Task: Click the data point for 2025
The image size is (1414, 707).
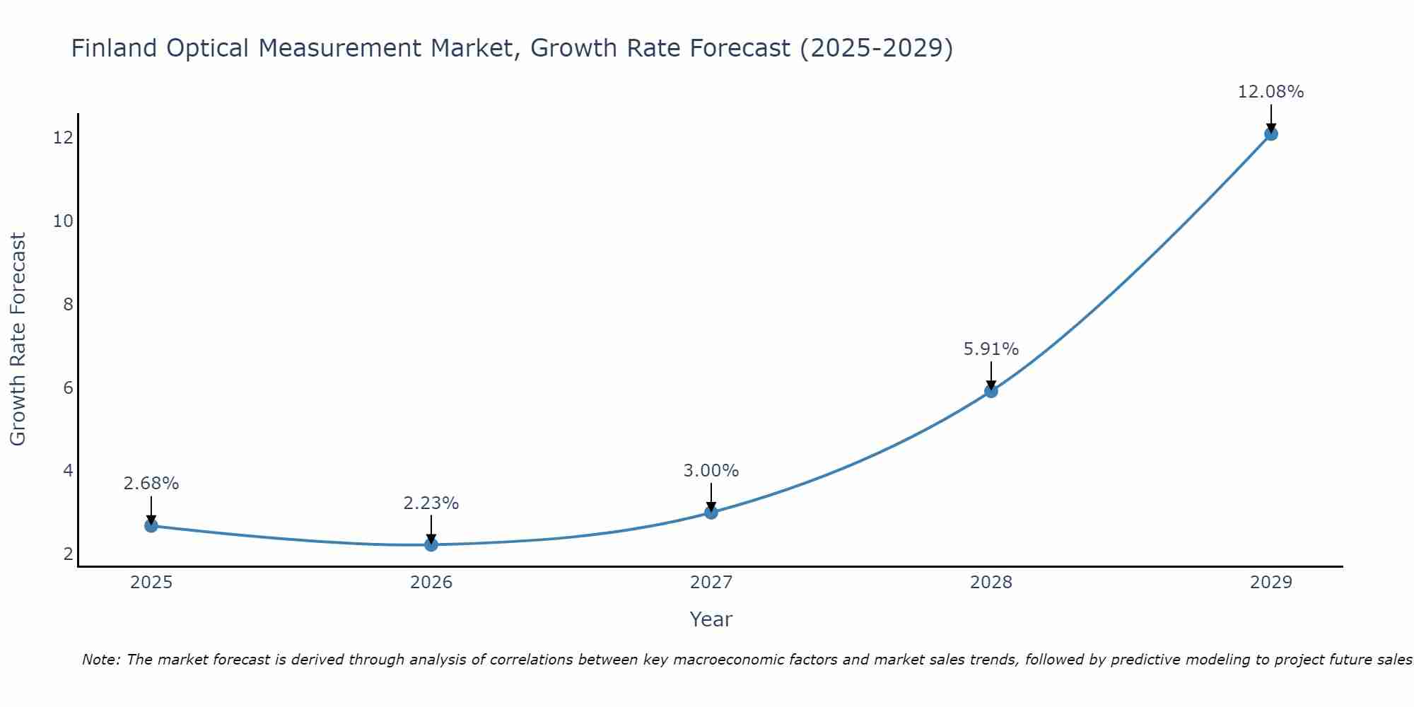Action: click(x=151, y=525)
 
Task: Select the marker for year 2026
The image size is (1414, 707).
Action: click(x=431, y=544)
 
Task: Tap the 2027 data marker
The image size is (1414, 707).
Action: click(x=711, y=512)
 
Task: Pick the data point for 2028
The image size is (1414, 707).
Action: click(x=991, y=391)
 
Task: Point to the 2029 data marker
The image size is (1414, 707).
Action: click(x=1270, y=134)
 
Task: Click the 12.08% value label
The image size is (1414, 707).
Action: click(x=1270, y=92)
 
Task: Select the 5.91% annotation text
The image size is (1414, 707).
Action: click(x=991, y=349)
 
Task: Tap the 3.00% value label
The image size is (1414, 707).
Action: click(x=711, y=471)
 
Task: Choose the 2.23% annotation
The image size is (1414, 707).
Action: click(x=431, y=503)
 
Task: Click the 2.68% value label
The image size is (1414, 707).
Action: click(x=151, y=484)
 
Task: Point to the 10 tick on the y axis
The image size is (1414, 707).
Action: click(x=63, y=221)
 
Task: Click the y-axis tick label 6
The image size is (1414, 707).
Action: click(x=68, y=387)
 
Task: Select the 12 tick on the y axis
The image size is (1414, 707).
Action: click(x=63, y=138)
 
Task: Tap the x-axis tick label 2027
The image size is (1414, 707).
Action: click(x=711, y=583)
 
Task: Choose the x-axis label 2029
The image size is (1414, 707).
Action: click(x=1270, y=583)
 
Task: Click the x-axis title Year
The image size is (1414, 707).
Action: click(x=711, y=619)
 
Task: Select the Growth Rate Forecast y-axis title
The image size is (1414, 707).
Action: click(x=18, y=339)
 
